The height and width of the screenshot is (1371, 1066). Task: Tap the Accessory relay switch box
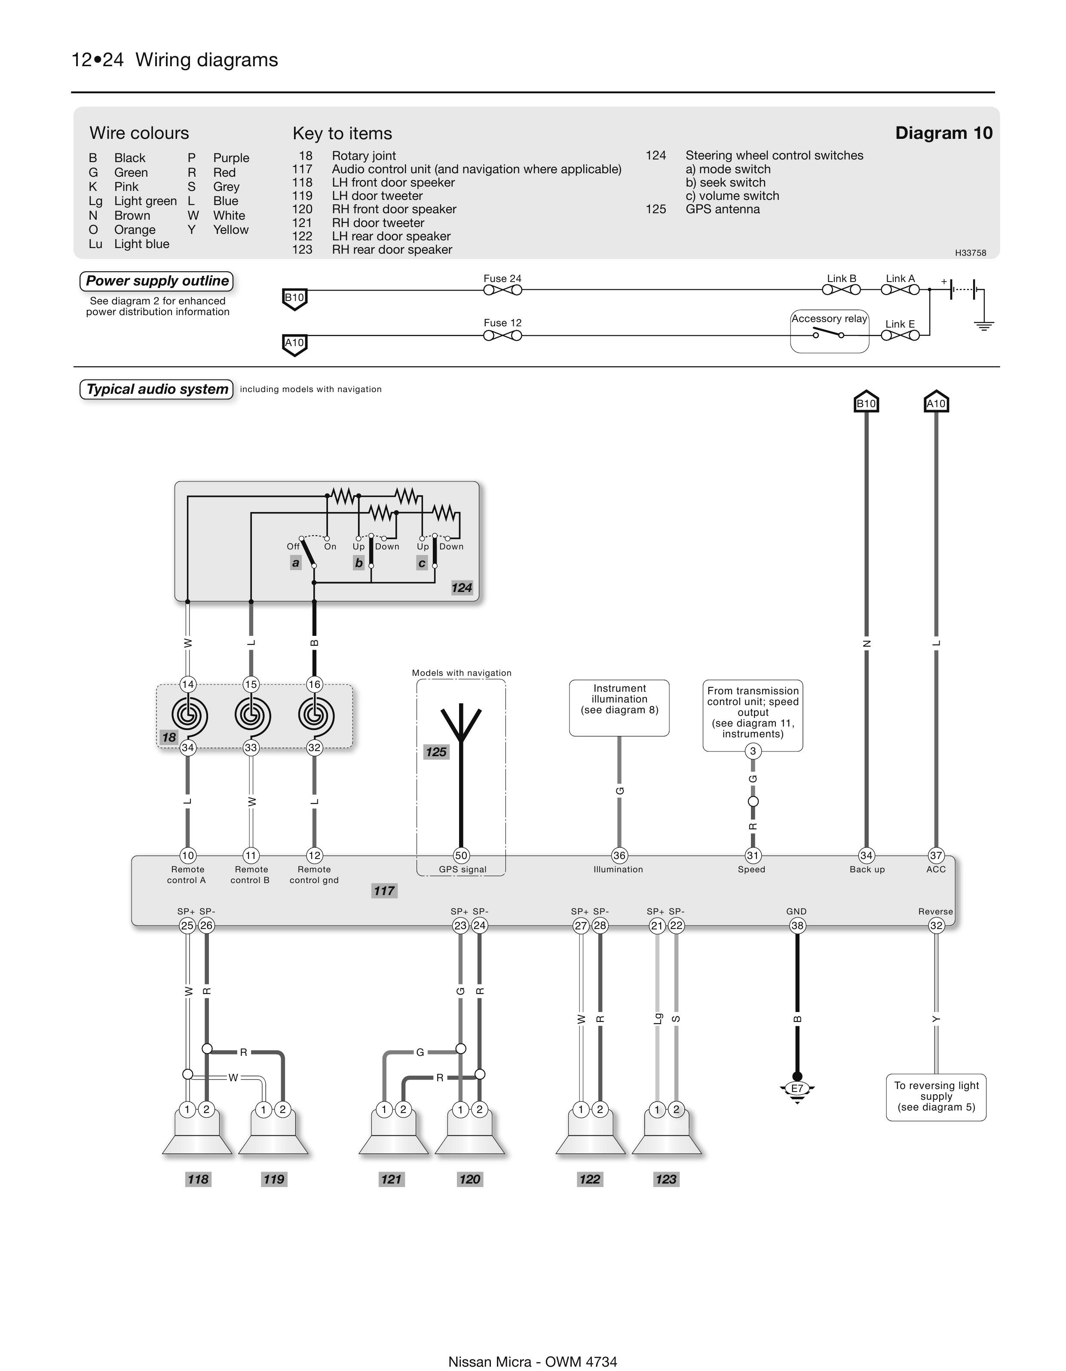click(829, 331)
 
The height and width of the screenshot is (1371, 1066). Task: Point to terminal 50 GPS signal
click(461, 855)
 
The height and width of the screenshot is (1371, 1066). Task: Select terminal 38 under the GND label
click(796, 925)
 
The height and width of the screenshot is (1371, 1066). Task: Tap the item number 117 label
click(384, 890)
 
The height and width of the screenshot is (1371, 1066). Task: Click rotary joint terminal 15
click(251, 684)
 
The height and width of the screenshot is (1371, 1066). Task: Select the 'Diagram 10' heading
click(943, 133)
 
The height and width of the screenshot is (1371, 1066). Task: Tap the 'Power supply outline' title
click(157, 281)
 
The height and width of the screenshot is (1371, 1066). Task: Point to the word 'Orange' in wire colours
click(135, 230)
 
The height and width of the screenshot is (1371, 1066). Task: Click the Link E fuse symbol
click(900, 335)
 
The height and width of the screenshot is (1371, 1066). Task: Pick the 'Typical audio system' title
click(157, 389)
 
